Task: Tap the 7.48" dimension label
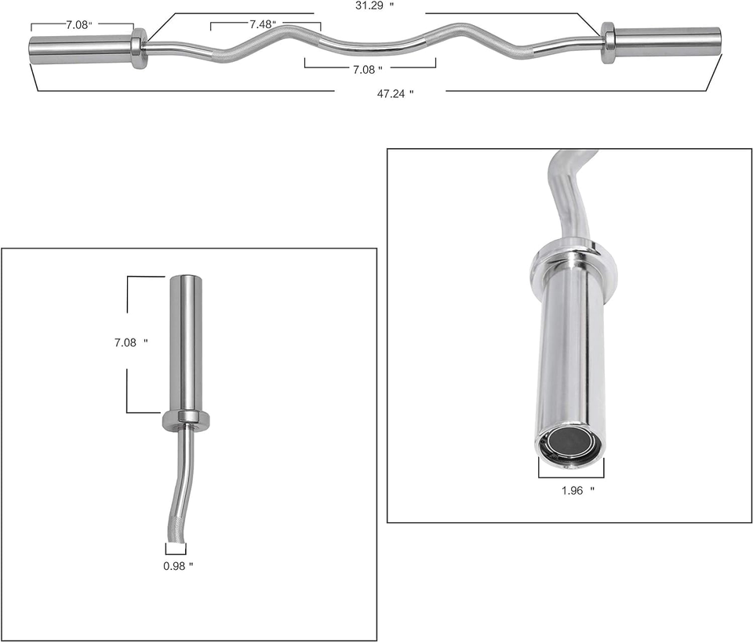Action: [262, 24]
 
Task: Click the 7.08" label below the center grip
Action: [367, 70]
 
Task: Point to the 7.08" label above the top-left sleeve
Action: [78, 25]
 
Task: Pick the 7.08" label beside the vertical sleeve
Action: [130, 343]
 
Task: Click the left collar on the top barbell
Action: [139, 49]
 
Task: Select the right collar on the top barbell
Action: [608, 42]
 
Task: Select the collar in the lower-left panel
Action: [187, 420]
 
